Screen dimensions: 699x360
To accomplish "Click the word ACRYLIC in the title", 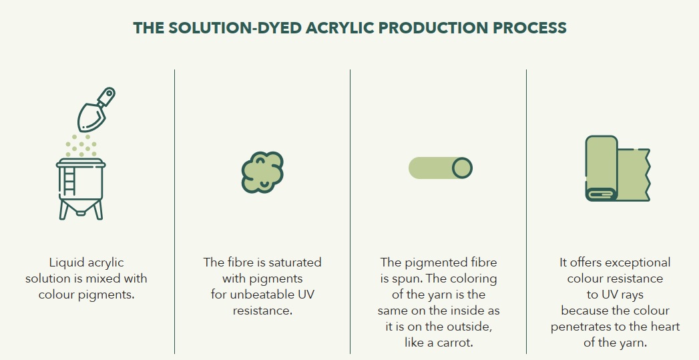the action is pyautogui.click(x=339, y=27).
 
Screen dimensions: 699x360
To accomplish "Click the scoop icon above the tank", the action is pyautogui.click(x=96, y=110).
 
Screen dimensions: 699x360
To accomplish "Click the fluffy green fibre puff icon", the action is pyautogui.click(x=262, y=172).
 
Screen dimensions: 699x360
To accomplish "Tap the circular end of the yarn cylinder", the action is pyautogui.click(x=462, y=168).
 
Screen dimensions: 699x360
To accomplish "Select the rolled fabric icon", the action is pyautogui.click(x=618, y=168).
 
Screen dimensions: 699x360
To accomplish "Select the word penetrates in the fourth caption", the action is pyautogui.click(x=580, y=327).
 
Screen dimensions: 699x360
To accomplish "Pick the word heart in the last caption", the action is pyautogui.click(x=664, y=327).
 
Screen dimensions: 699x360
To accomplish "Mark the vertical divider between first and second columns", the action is pyautogui.click(x=174, y=212).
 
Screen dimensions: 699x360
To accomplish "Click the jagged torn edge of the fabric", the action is pyautogui.click(x=648, y=175).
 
